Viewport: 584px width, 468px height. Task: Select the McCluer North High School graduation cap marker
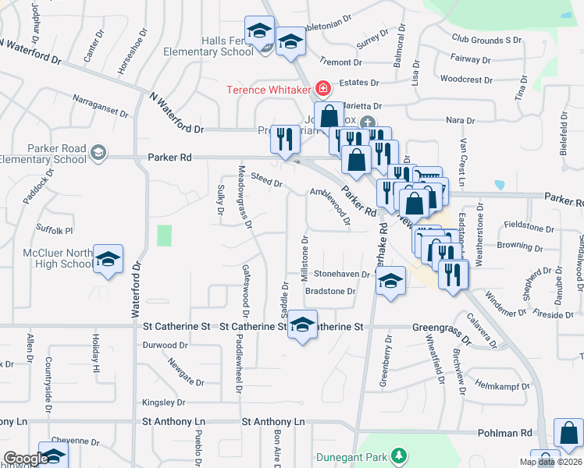pyautogui.click(x=109, y=258)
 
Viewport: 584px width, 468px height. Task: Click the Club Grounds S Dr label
pyautogui.click(x=486, y=39)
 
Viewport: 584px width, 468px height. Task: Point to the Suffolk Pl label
pyautogui.click(x=54, y=230)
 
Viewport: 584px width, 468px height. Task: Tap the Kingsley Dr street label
pyautogui.click(x=164, y=402)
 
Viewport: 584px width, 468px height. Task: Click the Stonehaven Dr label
pyautogui.click(x=341, y=275)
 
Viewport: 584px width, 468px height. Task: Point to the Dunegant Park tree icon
pyautogui.click(x=399, y=455)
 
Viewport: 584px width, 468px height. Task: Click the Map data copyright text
pyautogui.click(x=549, y=462)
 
